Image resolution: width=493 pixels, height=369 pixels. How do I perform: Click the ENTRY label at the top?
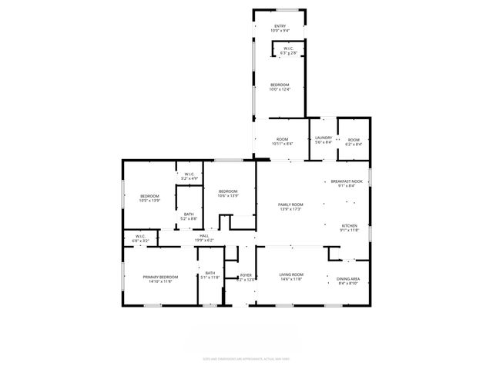281,27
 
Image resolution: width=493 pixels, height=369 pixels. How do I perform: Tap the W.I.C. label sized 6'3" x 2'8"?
288,48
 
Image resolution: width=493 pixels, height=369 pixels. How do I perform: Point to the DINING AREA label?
349,279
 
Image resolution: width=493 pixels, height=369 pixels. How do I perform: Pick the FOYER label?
246,274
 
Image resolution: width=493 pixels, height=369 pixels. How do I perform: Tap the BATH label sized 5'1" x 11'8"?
210,273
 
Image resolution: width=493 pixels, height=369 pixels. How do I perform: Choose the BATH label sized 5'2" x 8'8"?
189,215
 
